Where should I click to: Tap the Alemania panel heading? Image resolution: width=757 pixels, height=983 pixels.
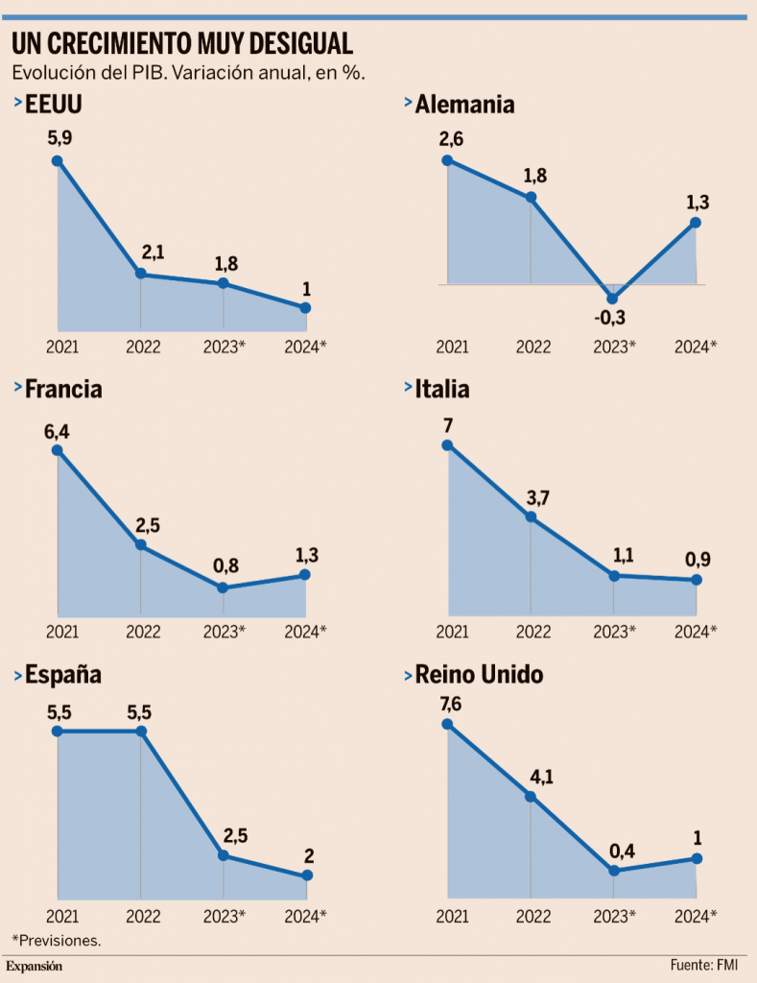tap(464, 104)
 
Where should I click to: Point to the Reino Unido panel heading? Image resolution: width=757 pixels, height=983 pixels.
tap(479, 675)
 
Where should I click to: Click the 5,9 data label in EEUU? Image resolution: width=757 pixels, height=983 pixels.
tap(59, 138)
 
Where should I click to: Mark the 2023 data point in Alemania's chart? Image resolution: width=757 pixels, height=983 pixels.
tap(613, 298)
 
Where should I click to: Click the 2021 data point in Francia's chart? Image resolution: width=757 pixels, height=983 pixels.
tap(59, 450)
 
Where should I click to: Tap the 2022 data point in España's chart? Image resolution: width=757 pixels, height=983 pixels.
tap(141, 731)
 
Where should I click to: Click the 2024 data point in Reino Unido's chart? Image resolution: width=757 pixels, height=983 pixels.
tap(697, 858)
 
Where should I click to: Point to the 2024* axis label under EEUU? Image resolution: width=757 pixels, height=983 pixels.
tap(306, 347)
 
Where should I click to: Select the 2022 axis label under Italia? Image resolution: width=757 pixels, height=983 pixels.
tap(532, 631)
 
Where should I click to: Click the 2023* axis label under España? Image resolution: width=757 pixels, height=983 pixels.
tap(225, 915)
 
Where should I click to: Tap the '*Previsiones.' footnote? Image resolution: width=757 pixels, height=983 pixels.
tap(56, 940)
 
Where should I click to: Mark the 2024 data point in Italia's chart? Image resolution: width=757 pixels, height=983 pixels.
tap(697, 580)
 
